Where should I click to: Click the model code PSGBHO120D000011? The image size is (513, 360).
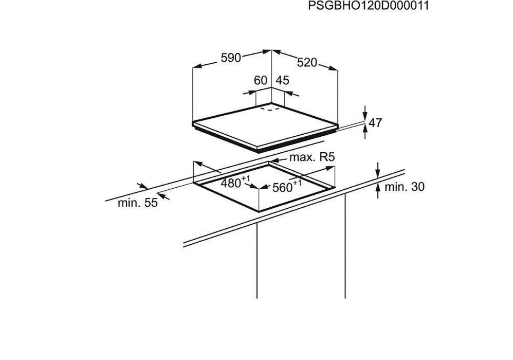pyautogui.click(x=368, y=6)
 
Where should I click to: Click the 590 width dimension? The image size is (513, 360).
pyautogui.click(x=231, y=58)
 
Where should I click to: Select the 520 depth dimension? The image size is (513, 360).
pyautogui.click(x=307, y=62)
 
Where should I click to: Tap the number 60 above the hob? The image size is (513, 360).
pyautogui.click(x=261, y=80)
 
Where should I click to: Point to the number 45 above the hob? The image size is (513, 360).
pyautogui.click(x=283, y=80)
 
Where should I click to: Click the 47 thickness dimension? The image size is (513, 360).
pyautogui.click(x=375, y=123)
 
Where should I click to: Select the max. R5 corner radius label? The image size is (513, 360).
pyautogui.click(x=313, y=157)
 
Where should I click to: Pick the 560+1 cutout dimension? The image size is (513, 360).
pyautogui.click(x=287, y=187)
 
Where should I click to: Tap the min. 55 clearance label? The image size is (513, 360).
pyautogui.click(x=138, y=203)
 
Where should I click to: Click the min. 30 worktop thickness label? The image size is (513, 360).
pyautogui.click(x=405, y=187)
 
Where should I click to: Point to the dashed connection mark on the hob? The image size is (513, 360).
pyautogui.click(x=268, y=109)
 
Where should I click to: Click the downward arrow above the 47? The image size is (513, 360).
pyautogui.click(x=365, y=113)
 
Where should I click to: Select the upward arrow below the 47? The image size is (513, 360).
pyautogui.click(x=365, y=132)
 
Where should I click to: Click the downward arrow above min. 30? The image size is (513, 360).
pyautogui.click(x=378, y=170)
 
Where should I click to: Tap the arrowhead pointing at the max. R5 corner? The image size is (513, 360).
pyautogui.click(x=274, y=160)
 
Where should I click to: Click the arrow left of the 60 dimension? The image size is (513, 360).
pyautogui.click(x=249, y=93)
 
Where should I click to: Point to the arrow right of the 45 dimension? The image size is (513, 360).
pyautogui.click(x=292, y=94)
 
